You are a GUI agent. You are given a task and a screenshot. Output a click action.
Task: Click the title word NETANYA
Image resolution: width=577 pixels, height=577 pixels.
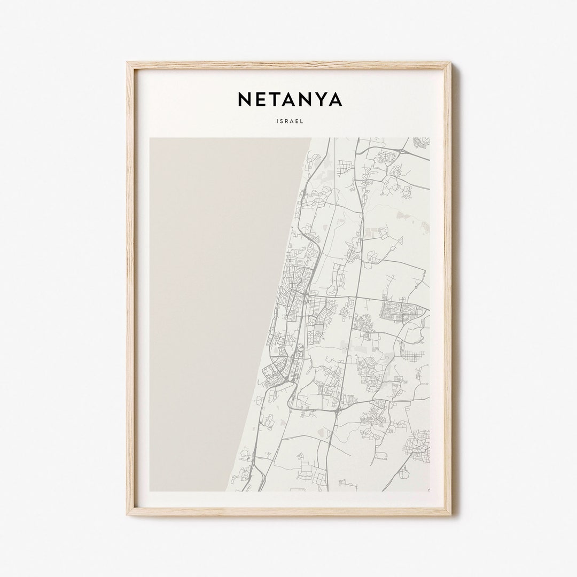290,99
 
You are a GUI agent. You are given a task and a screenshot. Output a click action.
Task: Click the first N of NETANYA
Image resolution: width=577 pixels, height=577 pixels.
243,99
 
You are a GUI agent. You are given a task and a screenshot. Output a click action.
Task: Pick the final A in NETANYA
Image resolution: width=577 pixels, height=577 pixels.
335,99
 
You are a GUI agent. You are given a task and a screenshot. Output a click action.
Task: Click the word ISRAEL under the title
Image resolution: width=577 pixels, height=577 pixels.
290,121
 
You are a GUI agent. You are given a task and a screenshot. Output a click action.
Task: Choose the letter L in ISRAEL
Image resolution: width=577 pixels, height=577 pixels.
302,121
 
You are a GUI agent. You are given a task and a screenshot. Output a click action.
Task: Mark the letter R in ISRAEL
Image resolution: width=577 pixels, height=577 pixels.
287,121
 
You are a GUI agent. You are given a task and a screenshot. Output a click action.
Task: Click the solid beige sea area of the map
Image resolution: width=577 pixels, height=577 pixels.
214,310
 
